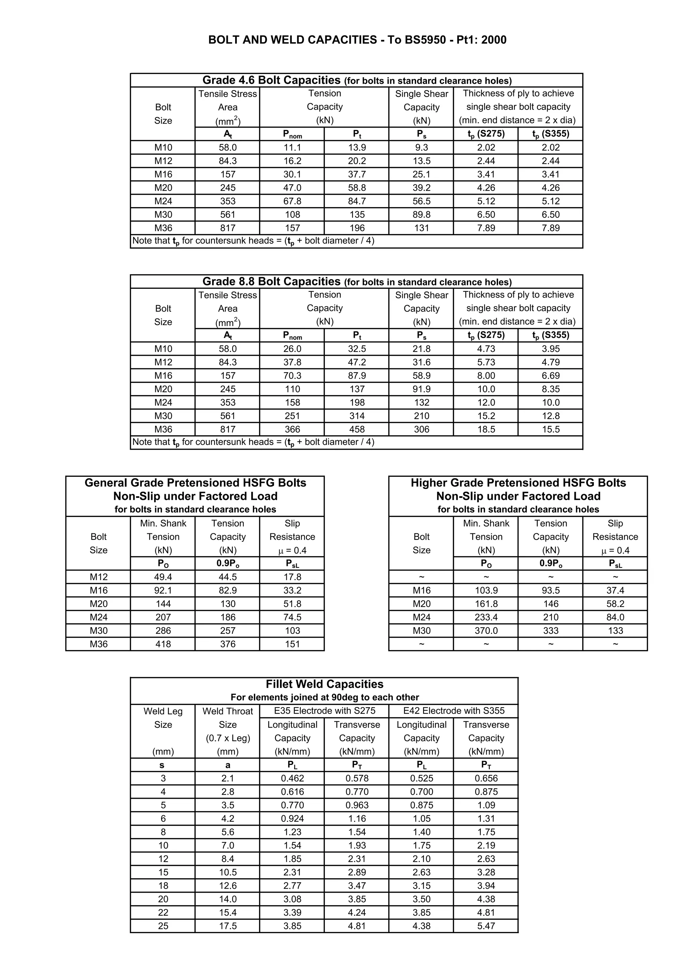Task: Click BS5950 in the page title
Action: click(x=425, y=40)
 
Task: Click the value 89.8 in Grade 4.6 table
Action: click(x=421, y=215)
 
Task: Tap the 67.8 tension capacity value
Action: click(x=292, y=201)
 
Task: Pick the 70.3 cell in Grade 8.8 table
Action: click(x=292, y=376)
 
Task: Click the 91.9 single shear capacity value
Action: click(x=421, y=389)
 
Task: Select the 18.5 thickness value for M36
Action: click(x=486, y=429)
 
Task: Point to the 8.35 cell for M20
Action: click(x=551, y=389)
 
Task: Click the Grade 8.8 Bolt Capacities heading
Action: click(x=271, y=282)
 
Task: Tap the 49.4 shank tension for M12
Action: click(x=163, y=577)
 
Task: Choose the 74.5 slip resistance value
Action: click(x=292, y=618)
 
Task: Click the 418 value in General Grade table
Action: click(x=163, y=644)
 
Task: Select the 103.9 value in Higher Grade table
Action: click(x=486, y=591)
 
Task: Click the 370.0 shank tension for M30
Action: click(x=486, y=631)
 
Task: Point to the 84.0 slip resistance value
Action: click(x=615, y=618)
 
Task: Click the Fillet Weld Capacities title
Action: click(x=324, y=684)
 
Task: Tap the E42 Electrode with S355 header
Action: click(x=454, y=711)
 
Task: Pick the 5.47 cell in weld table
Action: click(x=486, y=926)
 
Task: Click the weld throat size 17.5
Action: click(x=227, y=926)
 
